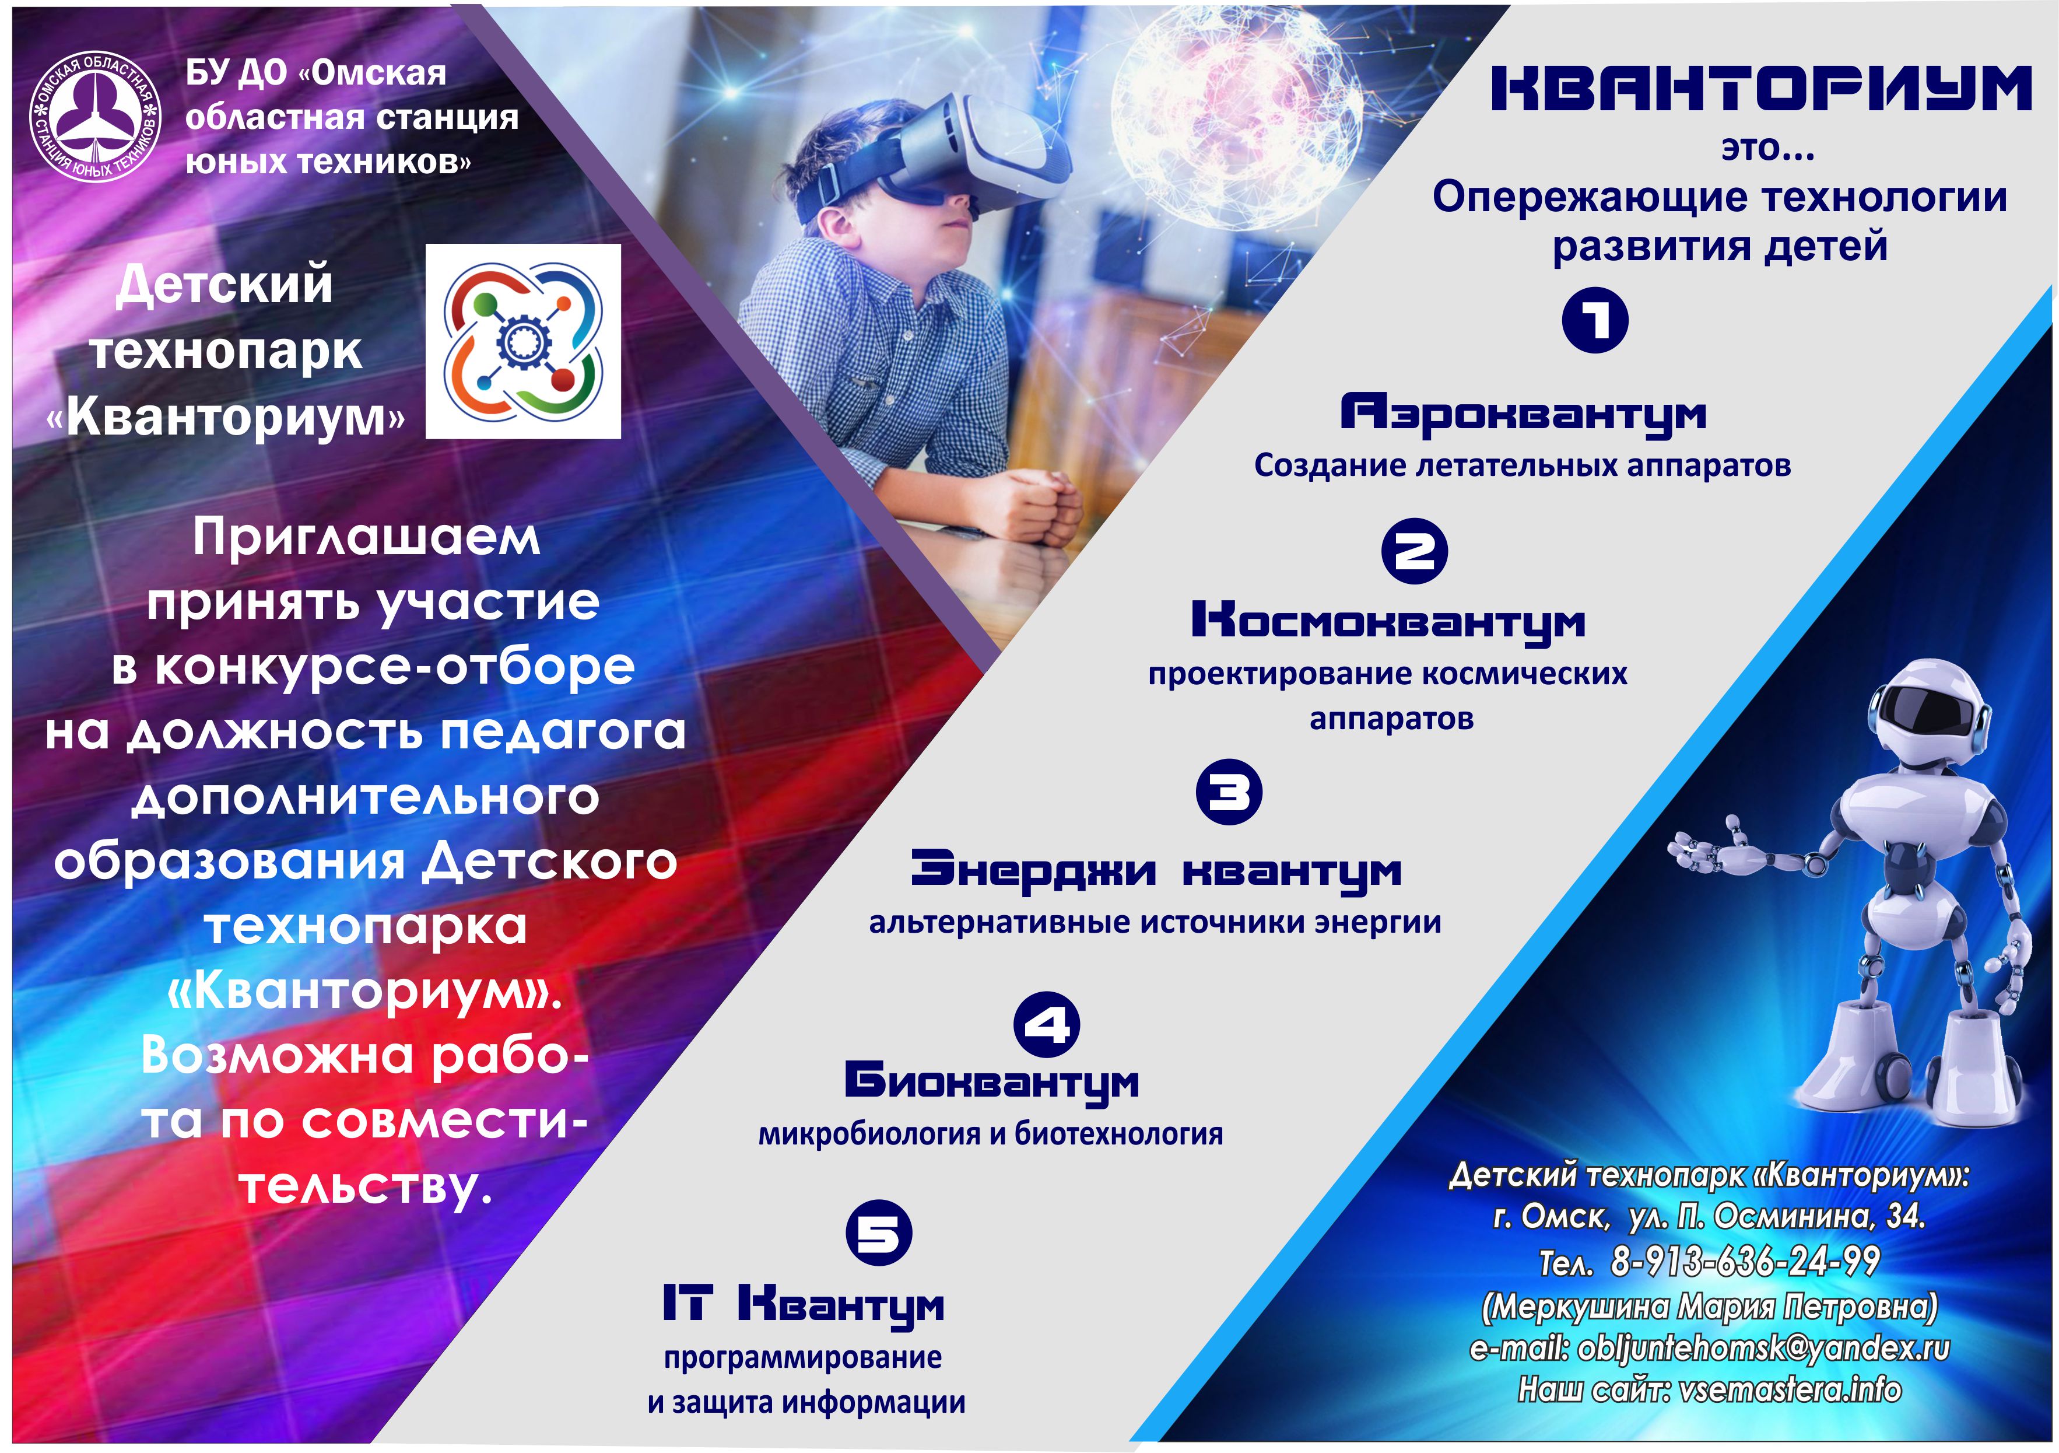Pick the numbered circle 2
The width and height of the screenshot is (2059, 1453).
[1414, 551]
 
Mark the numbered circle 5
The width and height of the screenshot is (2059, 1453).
[879, 1233]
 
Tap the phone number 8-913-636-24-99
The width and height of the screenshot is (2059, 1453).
[1745, 1261]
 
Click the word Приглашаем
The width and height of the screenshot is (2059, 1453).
[367, 538]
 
